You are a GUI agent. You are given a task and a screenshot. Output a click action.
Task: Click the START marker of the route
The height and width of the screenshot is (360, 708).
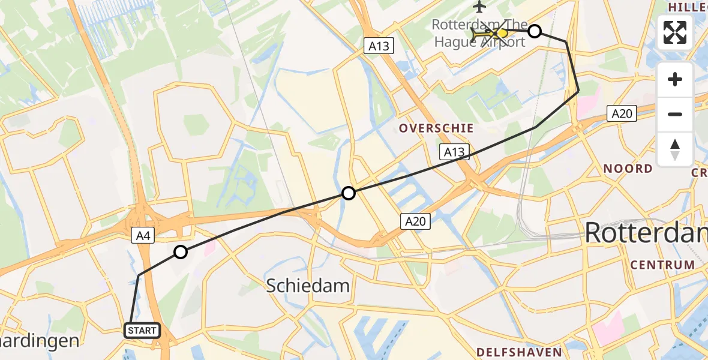[x=142, y=331]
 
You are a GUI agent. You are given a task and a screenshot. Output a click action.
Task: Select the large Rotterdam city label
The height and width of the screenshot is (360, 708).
[x=646, y=233]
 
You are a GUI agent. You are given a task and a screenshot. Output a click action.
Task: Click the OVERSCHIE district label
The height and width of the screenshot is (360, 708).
[x=436, y=128]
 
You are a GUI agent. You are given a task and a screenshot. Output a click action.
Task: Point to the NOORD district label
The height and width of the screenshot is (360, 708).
[x=628, y=169]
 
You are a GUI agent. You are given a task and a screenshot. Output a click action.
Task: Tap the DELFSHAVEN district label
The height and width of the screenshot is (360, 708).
[x=520, y=352]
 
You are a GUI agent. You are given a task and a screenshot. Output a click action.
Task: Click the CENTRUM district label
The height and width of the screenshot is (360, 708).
[x=662, y=265]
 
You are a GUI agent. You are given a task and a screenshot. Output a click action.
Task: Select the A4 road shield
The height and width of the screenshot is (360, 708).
[x=143, y=236]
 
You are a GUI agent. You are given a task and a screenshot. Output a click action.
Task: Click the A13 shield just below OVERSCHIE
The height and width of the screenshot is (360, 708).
[x=454, y=152]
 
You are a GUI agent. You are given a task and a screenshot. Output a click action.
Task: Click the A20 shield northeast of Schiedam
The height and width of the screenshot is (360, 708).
[x=415, y=222]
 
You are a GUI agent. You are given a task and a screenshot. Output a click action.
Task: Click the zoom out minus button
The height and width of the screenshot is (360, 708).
[x=675, y=114]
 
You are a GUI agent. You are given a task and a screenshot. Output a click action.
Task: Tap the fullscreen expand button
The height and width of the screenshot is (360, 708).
[x=675, y=32]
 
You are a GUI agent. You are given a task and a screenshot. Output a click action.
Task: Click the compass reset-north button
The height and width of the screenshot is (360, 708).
[x=675, y=149]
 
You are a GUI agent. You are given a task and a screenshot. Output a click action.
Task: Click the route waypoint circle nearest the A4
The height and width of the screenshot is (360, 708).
[x=181, y=252]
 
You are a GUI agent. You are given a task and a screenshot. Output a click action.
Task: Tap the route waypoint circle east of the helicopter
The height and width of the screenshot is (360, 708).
[x=534, y=31]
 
